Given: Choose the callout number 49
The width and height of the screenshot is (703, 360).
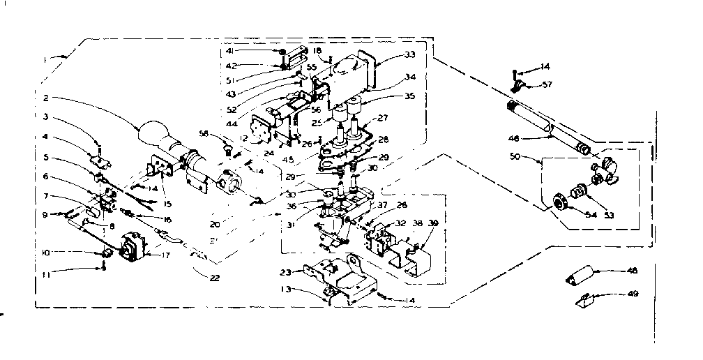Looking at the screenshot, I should click(x=633, y=294).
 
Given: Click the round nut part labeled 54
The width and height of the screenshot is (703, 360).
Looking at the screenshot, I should click(x=558, y=201).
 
